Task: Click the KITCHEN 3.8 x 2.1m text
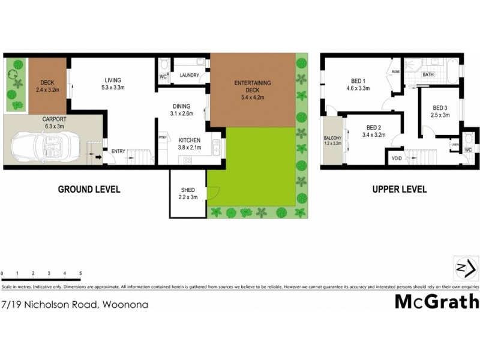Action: pos(189,145)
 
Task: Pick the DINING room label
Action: pos(181,106)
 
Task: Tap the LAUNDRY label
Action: pos(189,75)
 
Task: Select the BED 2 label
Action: pos(374,131)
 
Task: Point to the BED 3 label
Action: pos(441,112)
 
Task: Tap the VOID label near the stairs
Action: pos(397,158)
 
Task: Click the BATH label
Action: pos(428,75)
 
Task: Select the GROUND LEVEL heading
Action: pos(89,189)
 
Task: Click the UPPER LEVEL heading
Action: pos(400,189)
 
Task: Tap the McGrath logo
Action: pos(436,301)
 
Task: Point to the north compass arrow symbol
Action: pos(466,267)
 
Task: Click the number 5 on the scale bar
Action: pos(80,274)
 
